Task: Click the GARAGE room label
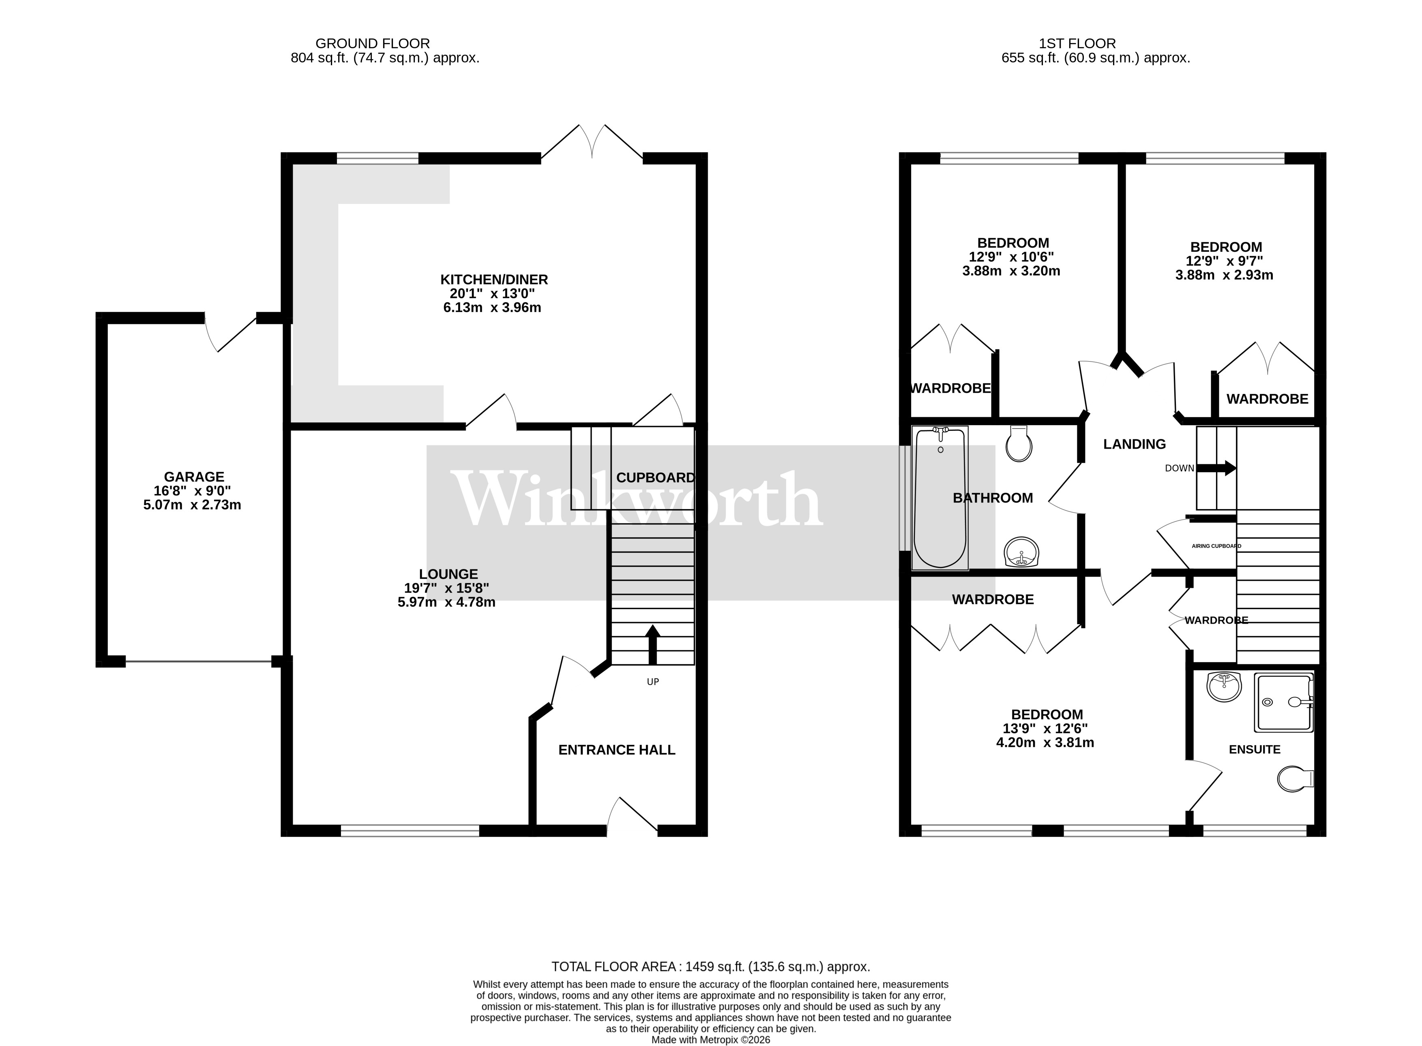click(x=194, y=477)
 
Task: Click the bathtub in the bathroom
click(x=940, y=498)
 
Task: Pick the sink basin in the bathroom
click(x=1021, y=552)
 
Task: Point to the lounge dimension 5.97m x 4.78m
click(x=446, y=602)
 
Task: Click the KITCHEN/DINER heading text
click(x=494, y=279)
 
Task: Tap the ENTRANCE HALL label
click(x=616, y=750)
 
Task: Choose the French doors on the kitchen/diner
click(x=592, y=143)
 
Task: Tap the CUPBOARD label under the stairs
click(x=655, y=477)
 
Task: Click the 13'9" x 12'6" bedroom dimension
click(x=1045, y=729)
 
